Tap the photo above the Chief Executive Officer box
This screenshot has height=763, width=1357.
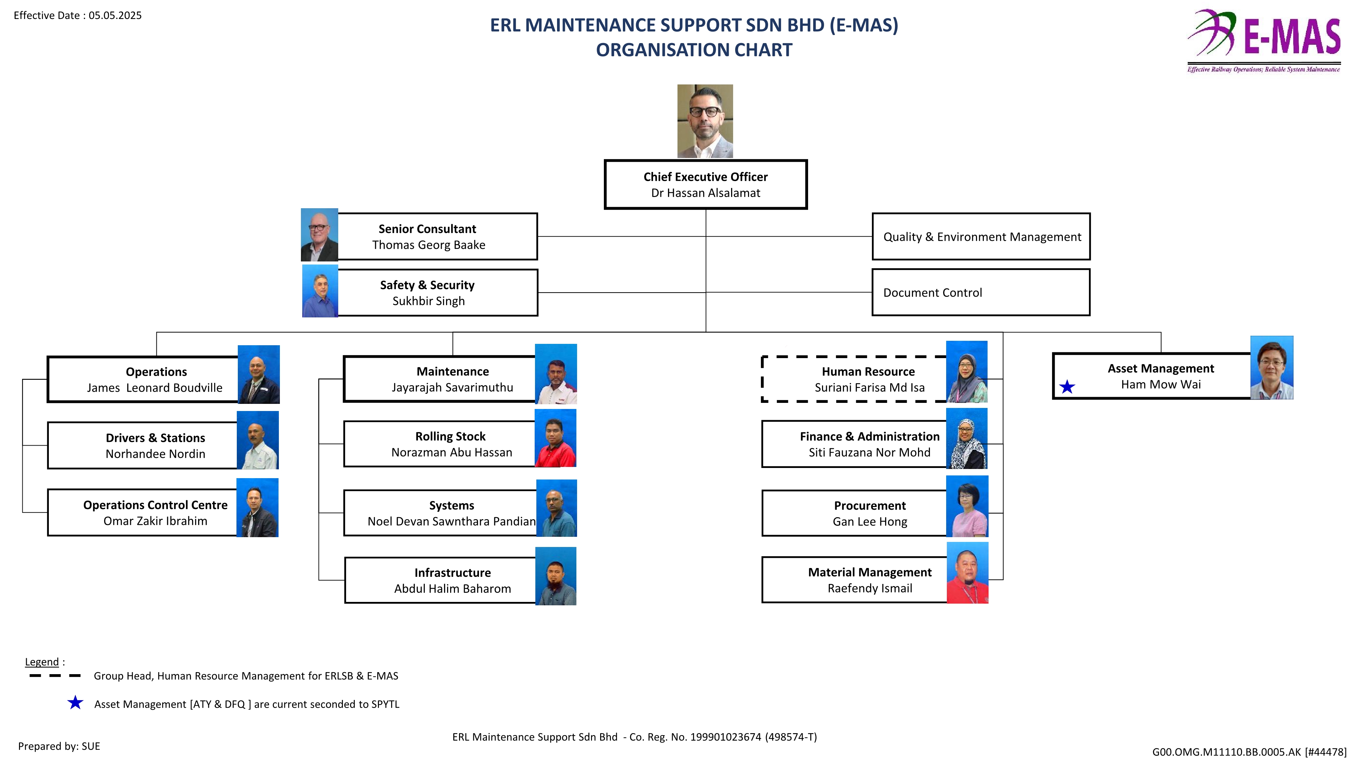[x=705, y=121]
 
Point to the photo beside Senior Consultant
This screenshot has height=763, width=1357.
[x=319, y=235]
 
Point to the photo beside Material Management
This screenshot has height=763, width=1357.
[x=967, y=572]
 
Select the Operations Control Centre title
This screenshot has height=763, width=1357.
[x=155, y=505]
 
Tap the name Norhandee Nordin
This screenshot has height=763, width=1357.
[x=155, y=454]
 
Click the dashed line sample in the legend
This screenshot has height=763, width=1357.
[x=55, y=676]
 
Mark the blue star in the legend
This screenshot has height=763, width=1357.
[x=75, y=702]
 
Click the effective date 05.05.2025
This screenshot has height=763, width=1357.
[x=115, y=15]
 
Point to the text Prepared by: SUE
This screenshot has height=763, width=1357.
[x=59, y=746]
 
